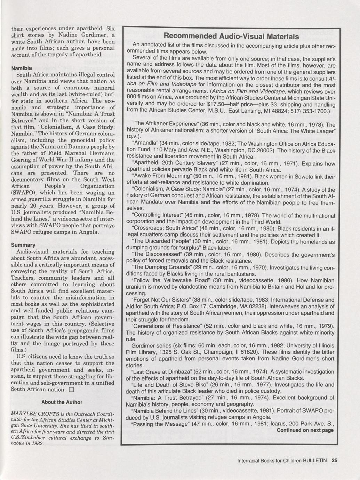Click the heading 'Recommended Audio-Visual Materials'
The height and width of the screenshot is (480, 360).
231,37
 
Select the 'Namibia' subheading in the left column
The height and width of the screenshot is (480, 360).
22,68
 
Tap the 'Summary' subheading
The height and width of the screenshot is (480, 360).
23,245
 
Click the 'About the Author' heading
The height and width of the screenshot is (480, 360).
62,402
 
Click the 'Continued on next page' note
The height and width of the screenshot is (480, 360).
305,430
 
